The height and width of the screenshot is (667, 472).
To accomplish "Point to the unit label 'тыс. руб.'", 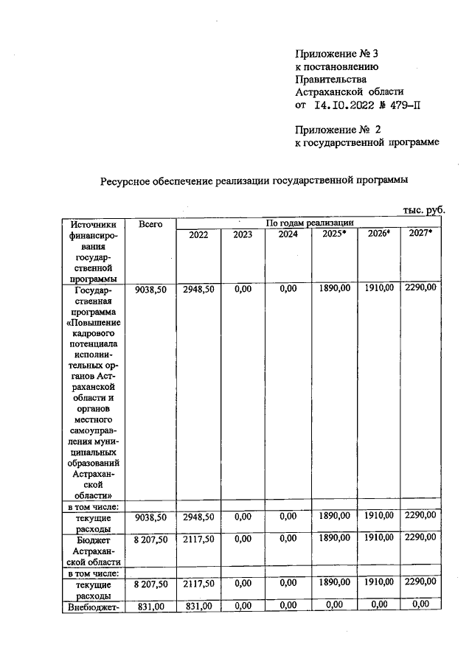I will point(424,209).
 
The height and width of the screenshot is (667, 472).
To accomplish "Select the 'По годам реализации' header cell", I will point(310,222).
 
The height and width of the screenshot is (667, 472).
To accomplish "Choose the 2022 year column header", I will point(198,234).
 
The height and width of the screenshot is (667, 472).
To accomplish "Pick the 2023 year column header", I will point(243,234).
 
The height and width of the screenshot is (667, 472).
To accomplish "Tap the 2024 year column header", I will point(288,234).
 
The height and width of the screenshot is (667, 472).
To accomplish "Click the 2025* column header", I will point(333,234).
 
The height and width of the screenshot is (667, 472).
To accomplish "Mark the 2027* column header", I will point(420,234).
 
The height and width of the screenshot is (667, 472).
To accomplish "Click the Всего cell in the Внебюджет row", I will point(150,605).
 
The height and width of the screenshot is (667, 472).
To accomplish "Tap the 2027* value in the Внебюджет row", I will point(420,604).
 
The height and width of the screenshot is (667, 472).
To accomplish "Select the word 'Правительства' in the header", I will point(330,79).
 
